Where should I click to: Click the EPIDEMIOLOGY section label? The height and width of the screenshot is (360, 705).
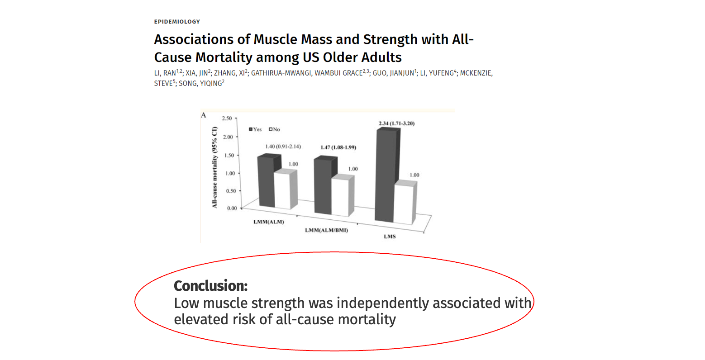coord(177,22)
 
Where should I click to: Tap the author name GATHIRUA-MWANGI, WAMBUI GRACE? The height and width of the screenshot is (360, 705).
coord(307,73)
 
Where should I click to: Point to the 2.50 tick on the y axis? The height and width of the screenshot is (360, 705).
coord(226,118)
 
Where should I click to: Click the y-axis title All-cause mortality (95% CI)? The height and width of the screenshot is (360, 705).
coord(215,167)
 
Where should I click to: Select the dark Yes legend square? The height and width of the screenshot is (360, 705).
coord(251,129)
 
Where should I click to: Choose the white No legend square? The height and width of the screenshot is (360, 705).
coord(271,129)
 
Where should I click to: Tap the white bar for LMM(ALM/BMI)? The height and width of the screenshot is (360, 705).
coord(340,197)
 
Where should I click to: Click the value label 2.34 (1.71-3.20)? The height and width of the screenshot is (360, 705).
coord(396,123)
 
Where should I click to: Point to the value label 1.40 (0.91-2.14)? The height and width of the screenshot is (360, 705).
coord(283,147)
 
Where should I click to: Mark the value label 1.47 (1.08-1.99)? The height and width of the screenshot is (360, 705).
coord(338,147)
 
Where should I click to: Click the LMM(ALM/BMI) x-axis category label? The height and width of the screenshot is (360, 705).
coord(326,230)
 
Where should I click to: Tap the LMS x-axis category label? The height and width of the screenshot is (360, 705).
coord(390,236)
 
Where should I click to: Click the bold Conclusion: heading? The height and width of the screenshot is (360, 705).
coord(211,286)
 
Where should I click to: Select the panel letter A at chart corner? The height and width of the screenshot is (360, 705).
coord(204,115)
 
